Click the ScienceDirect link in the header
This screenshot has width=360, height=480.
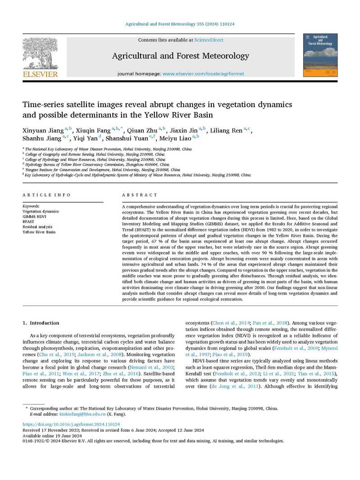click(x=209, y=40)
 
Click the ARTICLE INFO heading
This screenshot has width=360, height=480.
click(x=46, y=195)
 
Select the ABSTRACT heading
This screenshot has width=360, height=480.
click(x=140, y=195)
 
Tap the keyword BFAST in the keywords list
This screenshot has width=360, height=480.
click(x=28, y=222)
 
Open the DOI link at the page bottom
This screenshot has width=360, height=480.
click(x=71, y=424)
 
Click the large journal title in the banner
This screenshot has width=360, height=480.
click(x=180, y=56)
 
